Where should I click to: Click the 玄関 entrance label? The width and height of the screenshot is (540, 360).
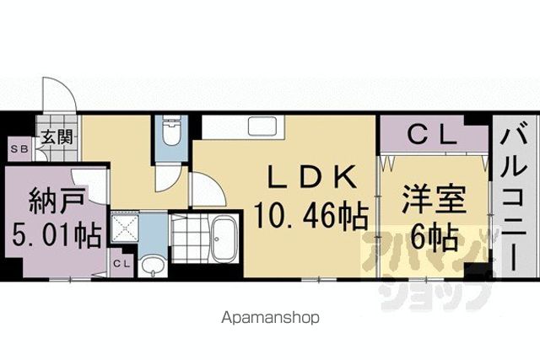coord(57,137)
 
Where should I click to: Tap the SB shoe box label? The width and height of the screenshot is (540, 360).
coord(19,149)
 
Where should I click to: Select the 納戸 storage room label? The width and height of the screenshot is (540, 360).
coord(57,201)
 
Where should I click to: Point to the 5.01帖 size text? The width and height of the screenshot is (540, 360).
coord(57,235)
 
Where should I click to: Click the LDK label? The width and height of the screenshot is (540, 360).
coord(311,176)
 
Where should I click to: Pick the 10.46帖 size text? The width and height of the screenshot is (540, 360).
coord(311,216)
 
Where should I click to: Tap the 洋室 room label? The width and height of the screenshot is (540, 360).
coord(435,200)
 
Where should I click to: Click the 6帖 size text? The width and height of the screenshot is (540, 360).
coord(435,237)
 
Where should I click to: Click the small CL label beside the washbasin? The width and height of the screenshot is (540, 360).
coord(121,264)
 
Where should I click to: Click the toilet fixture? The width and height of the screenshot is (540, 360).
coord(171,132)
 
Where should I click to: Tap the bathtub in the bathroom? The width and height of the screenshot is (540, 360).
coord(224,240)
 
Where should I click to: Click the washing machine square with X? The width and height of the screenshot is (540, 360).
coord(125,227)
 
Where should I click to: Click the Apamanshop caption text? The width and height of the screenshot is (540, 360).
coord(270,318)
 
